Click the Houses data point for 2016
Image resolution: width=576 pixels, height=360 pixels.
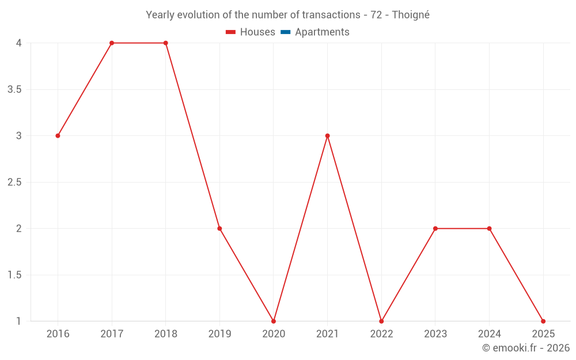(58, 136)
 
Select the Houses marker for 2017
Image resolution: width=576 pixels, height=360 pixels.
(112, 43)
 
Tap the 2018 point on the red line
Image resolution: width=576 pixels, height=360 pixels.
(165, 43)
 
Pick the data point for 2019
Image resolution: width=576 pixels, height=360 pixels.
(219, 229)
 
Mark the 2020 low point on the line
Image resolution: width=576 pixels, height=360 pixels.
(274, 321)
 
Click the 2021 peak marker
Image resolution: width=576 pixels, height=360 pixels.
(327, 136)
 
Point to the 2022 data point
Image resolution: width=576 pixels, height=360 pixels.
(381, 321)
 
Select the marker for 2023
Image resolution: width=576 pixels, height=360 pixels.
(435, 229)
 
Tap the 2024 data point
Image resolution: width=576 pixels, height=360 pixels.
(489, 229)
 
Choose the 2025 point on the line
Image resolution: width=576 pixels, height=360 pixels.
(543, 321)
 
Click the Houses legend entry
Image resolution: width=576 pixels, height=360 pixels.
(251, 32)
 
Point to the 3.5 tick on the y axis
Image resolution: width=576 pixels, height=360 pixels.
(15, 90)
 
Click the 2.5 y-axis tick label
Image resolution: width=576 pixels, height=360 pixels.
(15, 183)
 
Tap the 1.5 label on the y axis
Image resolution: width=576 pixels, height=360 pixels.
(15, 275)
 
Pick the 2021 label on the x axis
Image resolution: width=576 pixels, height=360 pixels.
(327, 334)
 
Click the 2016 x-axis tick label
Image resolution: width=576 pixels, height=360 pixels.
(58, 334)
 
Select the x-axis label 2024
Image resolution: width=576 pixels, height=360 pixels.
(489, 334)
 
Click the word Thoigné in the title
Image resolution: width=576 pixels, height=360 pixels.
(411, 15)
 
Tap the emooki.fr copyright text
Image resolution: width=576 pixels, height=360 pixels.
(526, 348)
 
